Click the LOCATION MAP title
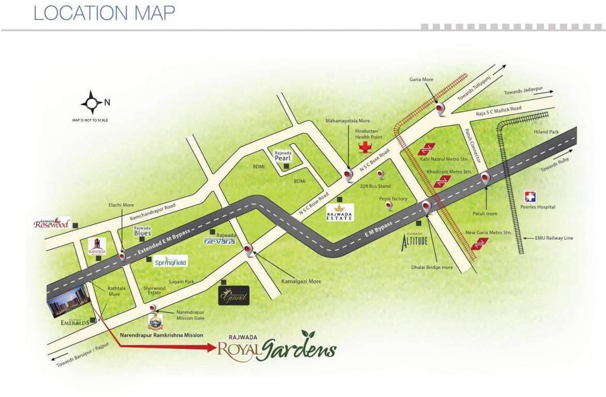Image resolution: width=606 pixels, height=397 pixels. point(104,13)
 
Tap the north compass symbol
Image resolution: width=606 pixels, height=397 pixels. point(93,102)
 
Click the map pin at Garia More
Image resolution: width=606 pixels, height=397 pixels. point(441,109)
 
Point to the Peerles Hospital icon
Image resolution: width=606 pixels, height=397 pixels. point(531,197)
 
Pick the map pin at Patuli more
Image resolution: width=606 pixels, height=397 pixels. point(485,179)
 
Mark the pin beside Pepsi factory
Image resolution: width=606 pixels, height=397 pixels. point(389,206)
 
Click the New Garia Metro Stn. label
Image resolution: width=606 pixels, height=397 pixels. point(489,233)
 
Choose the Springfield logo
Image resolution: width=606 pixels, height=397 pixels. point(171,262)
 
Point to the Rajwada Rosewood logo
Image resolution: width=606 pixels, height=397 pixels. point(52,223)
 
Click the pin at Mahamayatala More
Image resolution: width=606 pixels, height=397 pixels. point(349,176)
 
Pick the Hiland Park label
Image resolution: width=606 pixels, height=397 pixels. point(547,132)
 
